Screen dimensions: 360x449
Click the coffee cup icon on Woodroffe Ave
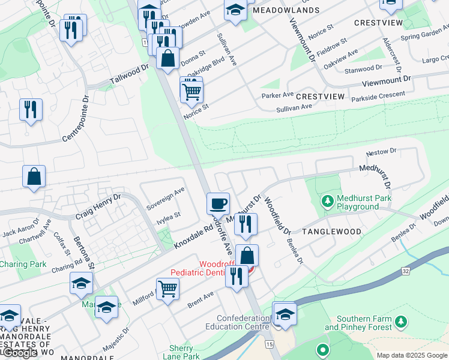(x=218, y=203)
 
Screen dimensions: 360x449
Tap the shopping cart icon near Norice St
(x=191, y=91)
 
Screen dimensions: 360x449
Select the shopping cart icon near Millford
(x=167, y=288)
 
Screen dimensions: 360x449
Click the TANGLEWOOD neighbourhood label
(x=331, y=232)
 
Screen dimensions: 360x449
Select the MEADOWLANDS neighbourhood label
(x=286, y=11)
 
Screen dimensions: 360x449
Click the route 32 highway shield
(x=406, y=271)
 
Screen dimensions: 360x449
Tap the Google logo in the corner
(x=19, y=353)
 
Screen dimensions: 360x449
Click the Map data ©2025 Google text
(x=411, y=355)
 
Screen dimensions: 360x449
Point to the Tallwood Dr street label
(x=129, y=75)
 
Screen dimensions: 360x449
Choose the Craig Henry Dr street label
(x=98, y=206)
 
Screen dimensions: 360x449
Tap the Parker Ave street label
(x=277, y=95)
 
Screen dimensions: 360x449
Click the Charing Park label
(x=23, y=264)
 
